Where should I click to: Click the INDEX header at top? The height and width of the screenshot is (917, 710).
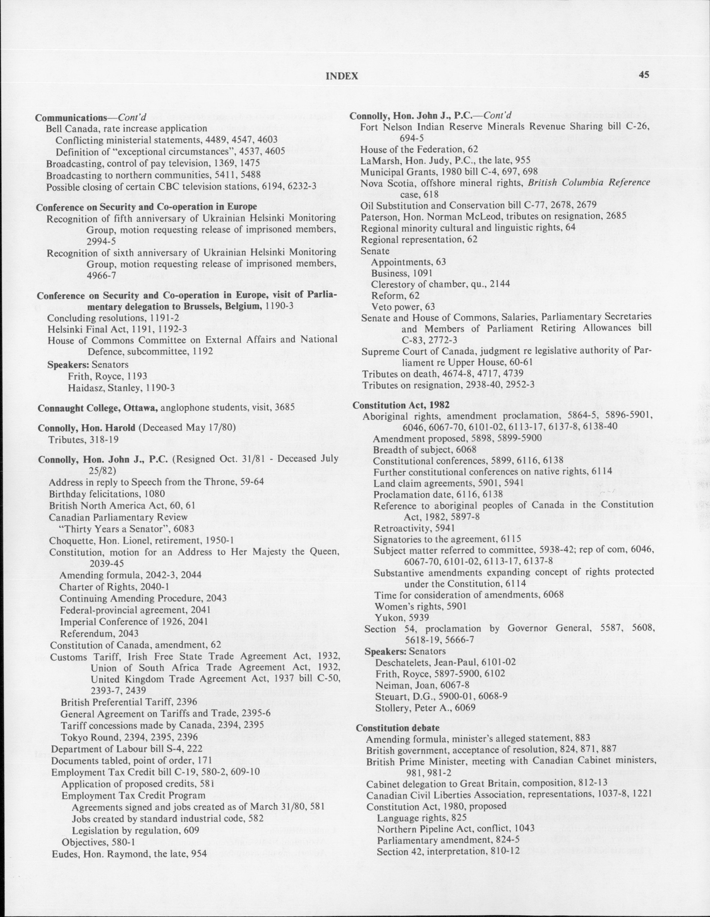342,76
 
